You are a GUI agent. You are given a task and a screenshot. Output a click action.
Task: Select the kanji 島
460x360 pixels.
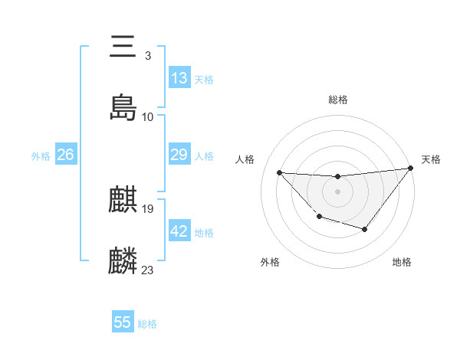pos(123,108)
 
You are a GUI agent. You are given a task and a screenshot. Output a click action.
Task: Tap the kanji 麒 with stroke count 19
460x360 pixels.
pos(123,201)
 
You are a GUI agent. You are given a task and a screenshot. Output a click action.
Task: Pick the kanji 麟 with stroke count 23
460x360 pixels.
pos(123,261)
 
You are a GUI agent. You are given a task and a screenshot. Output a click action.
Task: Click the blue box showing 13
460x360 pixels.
pos(179,78)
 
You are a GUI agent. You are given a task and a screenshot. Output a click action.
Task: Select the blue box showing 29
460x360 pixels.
pos(179,155)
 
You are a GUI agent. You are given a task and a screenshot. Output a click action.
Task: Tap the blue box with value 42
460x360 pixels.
pos(179,231)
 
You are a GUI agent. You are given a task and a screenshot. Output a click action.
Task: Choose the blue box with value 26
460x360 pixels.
pos(65,155)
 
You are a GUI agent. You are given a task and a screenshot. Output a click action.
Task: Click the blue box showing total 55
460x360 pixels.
pos(123,322)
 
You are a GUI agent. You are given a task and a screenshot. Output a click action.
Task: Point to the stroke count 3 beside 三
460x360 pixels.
pos(148,56)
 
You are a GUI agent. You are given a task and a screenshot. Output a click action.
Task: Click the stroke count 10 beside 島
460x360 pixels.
pos(148,117)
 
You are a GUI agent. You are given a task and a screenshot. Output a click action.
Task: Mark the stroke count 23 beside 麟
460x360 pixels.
pos(148,270)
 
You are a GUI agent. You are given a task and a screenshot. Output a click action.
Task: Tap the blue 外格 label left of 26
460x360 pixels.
pos(41,155)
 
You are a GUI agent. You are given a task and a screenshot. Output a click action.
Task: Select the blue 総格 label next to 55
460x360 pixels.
pos(147,323)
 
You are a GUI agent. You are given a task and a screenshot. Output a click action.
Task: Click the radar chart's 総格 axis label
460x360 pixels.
pos(338,99)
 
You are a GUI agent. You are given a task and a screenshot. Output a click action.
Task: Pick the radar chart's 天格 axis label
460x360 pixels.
pos(431,159)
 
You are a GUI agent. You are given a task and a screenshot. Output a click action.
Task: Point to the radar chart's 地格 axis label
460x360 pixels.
pos(402,262)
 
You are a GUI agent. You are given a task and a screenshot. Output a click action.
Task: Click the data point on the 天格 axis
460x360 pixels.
pos(410,169)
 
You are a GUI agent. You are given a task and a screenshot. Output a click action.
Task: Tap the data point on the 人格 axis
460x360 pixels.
pos(280,172)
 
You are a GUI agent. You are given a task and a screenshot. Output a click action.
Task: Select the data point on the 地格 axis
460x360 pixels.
pos(365,229)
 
